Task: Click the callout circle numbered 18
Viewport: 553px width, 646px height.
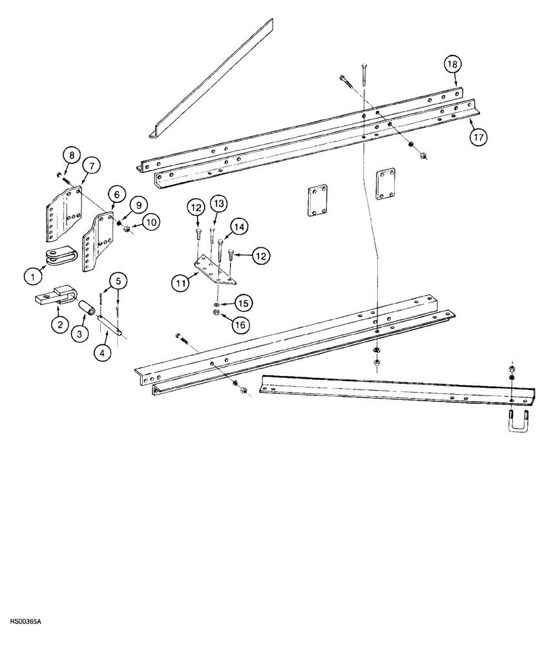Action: [x=452, y=64]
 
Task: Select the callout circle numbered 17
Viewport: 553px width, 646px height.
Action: [x=479, y=136]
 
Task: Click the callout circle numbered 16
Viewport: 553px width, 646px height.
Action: [x=240, y=324]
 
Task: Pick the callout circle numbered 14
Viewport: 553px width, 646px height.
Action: [x=240, y=227]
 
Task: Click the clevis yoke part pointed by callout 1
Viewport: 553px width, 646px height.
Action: [x=58, y=256]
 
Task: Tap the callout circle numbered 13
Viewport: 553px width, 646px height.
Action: [x=219, y=205]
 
